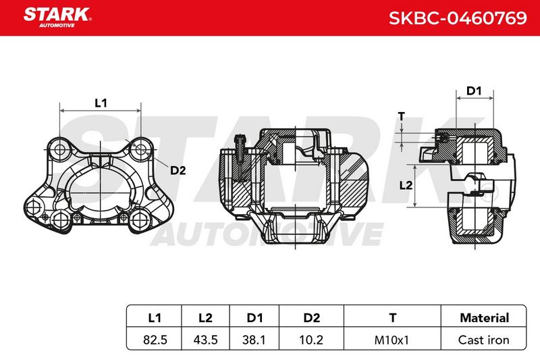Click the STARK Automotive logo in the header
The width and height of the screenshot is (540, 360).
click(57, 18)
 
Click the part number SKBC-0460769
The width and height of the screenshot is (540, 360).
click(458, 18)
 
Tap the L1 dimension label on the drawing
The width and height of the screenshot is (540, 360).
click(101, 103)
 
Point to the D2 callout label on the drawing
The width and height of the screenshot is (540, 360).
click(178, 170)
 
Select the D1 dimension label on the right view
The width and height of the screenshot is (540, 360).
click(474, 91)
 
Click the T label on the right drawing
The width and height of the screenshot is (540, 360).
click(401, 117)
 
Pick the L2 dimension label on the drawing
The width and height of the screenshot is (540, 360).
click(406, 185)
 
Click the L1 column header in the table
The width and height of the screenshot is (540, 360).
click(155, 317)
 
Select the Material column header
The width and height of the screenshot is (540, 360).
click(484, 317)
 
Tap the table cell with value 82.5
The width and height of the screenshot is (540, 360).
click(155, 340)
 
